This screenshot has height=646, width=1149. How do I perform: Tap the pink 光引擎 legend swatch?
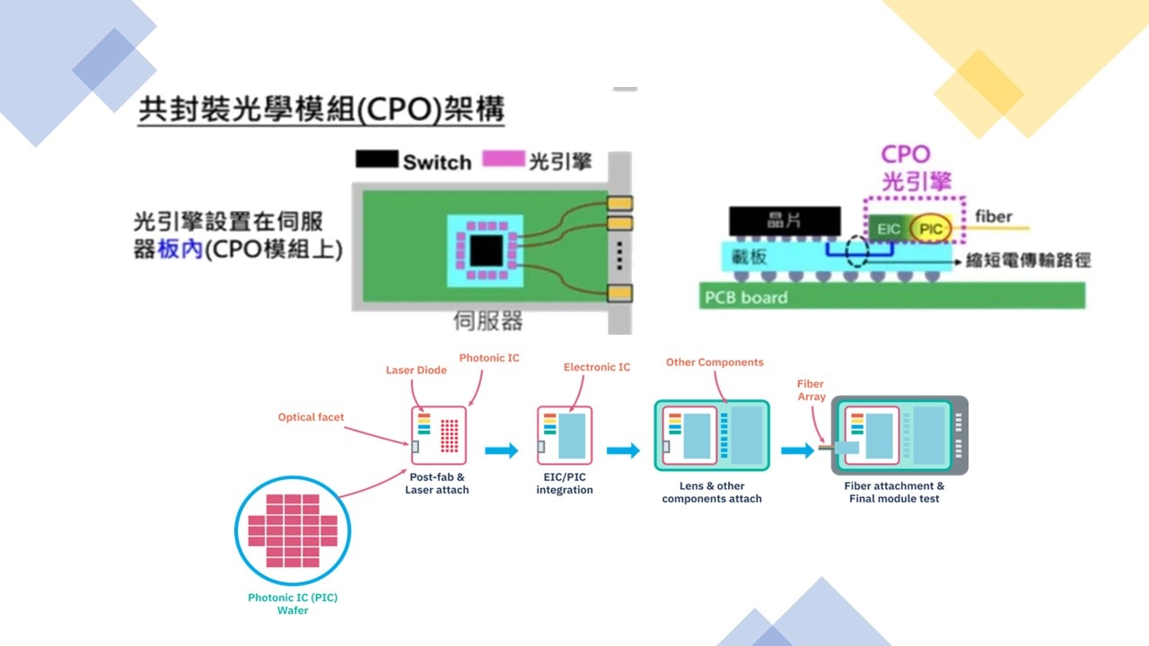(x=503, y=160)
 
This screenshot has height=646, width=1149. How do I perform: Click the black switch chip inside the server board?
(x=486, y=249)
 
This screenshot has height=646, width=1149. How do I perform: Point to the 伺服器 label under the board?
(x=487, y=320)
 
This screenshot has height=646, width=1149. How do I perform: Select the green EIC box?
(x=888, y=230)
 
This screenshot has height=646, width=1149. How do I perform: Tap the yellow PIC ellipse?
(x=930, y=230)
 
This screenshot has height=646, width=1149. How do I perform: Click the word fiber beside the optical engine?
(x=993, y=216)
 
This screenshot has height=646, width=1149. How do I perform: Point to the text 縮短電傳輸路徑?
(x=1028, y=259)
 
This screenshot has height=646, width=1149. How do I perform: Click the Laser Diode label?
(x=417, y=370)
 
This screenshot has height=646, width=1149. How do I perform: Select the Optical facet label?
(x=310, y=417)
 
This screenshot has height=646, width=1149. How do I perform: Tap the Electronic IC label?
(x=597, y=367)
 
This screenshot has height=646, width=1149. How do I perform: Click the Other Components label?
(x=715, y=362)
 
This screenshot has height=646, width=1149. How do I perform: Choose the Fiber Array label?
(x=811, y=390)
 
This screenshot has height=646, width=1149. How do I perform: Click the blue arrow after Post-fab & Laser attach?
(x=502, y=450)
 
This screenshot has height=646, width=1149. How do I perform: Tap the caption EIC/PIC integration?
(x=565, y=484)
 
